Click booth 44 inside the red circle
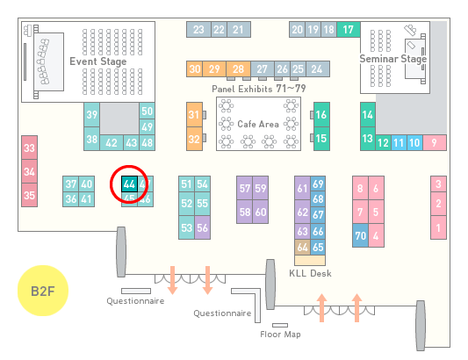coord(129,184)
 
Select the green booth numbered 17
coord(349,30)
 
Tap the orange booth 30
coord(194,69)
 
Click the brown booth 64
coord(302,247)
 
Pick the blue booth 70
coord(360,235)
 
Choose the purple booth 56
coord(202,227)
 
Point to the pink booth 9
coord(435,143)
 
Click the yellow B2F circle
coord(43,291)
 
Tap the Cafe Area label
coord(258,124)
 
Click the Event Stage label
coord(98,61)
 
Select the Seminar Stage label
coord(393,59)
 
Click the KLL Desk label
coord(310,273)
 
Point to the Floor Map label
coord(280,335)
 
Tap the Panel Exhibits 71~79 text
coord(259,89)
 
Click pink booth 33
coord(29,148)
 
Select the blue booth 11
coord(399,143)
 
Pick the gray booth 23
coord(198,30)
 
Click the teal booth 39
coord(91,115)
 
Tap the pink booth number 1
coord(438,227)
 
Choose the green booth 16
coord(321,115)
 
